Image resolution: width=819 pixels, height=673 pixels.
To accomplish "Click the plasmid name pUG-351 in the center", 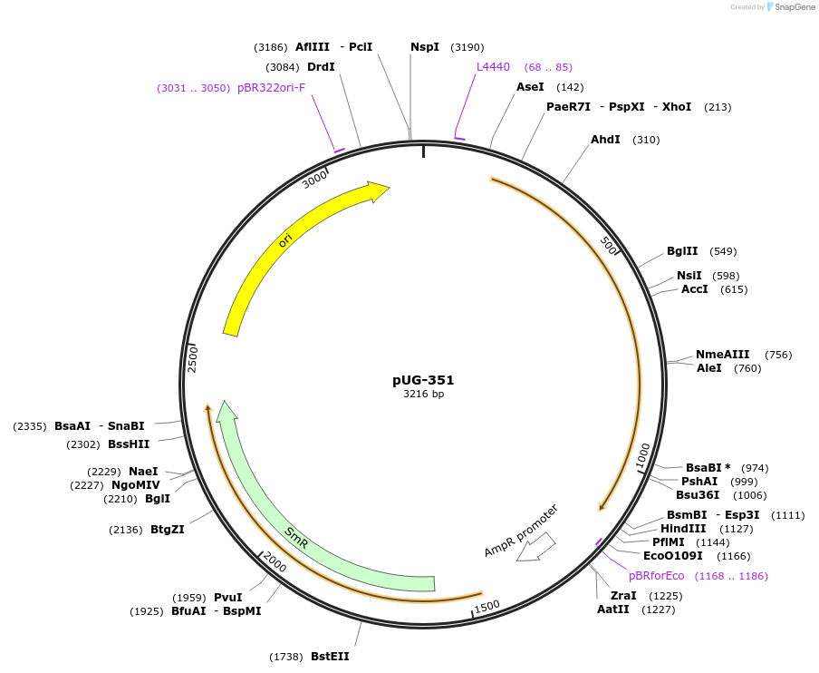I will point(423,380).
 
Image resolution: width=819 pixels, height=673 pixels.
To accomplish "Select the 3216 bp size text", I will point(423,395).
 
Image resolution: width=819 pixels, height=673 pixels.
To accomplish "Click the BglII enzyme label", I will point(682,251).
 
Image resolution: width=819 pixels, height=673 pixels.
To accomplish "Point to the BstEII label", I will point(330,656).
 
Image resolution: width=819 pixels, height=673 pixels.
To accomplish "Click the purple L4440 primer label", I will point(494,67).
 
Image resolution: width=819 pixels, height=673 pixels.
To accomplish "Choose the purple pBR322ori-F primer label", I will point(272,88).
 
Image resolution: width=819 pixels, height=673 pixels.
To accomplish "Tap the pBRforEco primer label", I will point(657,576).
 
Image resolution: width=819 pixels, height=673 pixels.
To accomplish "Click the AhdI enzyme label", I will point(605,140).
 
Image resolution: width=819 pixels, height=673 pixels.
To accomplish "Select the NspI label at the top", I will point(425,47).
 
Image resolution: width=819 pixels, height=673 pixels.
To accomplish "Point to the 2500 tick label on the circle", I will point(193,358).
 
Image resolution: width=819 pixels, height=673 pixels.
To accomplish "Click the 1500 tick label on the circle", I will point(487,606).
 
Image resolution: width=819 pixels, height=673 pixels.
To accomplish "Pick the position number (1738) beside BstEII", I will point(286,656).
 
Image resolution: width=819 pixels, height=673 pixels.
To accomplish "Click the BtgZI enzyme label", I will point(168,530).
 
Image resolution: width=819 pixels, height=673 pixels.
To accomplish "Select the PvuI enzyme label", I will point(228,598).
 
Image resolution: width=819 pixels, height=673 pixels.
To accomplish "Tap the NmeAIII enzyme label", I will point(722,355).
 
